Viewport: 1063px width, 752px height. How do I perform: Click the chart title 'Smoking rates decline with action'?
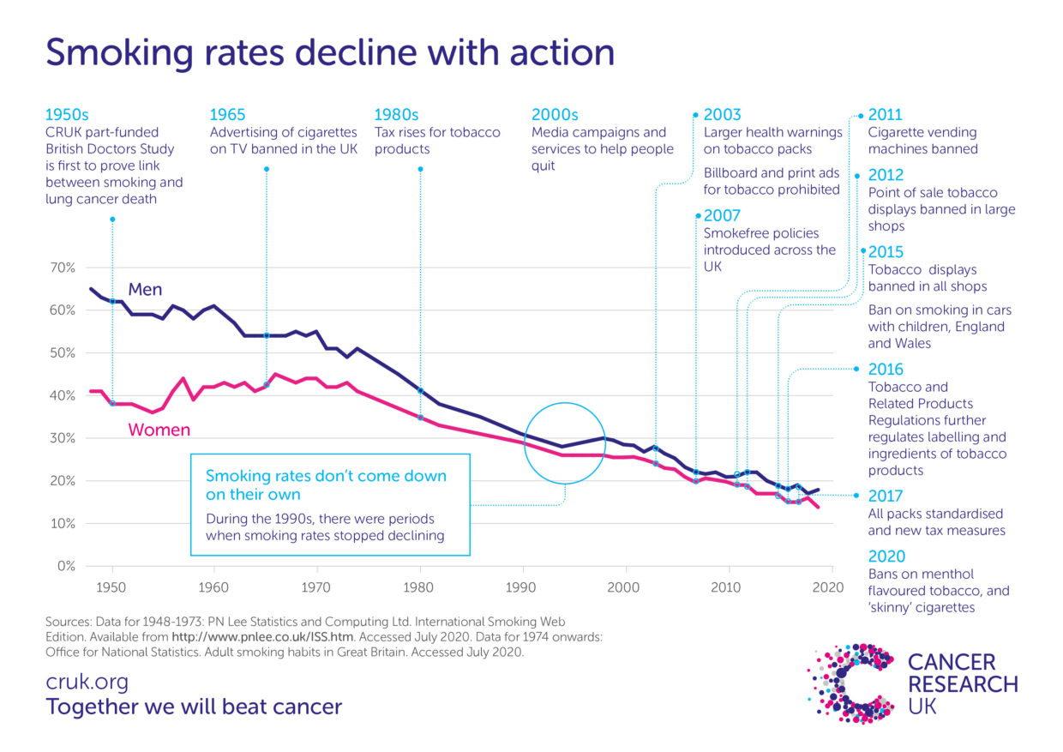[x=330, y=52]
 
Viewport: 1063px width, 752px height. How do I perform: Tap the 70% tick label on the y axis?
[x=64, y=268]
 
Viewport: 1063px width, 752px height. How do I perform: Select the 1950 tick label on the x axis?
[x=111, y=587]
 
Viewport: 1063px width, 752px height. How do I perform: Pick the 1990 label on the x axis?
[x=522, y=587]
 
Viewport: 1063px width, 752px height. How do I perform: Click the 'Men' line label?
[x=145, y=290]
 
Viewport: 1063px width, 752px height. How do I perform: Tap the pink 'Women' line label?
[x=159, y=430]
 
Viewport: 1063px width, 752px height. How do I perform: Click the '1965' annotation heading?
[x=227, y=115]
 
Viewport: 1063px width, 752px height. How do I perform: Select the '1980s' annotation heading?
[x=396, y=115]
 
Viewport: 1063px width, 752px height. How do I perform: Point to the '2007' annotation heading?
[x=722, y=215]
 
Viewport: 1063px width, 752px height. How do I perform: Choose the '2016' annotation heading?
[x=886, y=370]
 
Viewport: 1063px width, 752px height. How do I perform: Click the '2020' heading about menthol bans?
[x=886, y=556]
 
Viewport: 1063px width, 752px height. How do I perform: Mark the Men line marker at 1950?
[x=112, y=302]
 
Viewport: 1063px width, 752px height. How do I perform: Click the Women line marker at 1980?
[x=420, y=417]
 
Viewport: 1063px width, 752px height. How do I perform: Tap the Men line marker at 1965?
[x=267, y=335]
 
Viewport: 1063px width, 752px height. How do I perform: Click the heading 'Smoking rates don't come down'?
[x=326, y=476]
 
